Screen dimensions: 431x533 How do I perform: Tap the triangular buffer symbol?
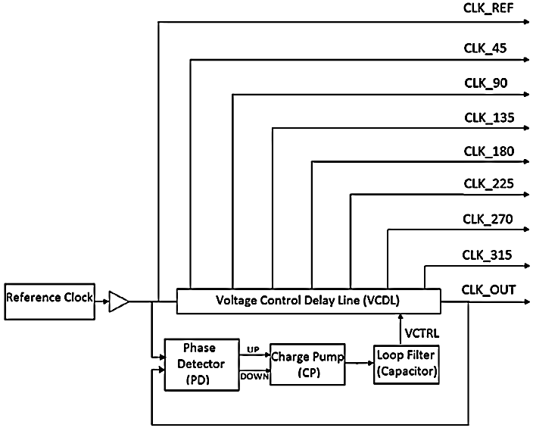(x=119, y=301)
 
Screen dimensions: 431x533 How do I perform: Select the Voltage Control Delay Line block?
(x=308, y=301)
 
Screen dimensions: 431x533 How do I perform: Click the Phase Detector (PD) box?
(x=200, y=364)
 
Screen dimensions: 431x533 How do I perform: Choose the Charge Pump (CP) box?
(x=307, y=364)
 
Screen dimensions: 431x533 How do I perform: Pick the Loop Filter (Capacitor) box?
(x=407, y=364)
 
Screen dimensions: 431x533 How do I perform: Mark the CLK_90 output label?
(x=485, y=83)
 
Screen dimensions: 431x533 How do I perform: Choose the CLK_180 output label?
(x=488, y=151)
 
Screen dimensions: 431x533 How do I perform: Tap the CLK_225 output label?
(x=488, y=184)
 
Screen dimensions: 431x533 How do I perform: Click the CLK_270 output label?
(x=488, y=220)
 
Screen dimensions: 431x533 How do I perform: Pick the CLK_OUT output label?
(x=488, y=289)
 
